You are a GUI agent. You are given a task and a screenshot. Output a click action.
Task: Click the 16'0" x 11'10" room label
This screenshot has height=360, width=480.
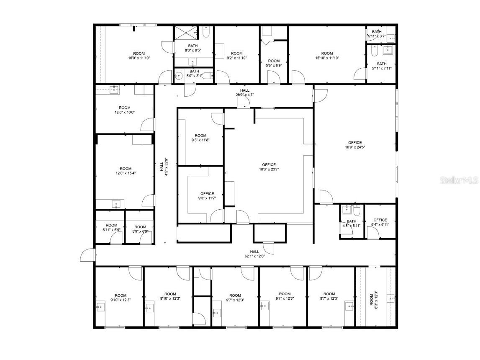(x=139, y=56)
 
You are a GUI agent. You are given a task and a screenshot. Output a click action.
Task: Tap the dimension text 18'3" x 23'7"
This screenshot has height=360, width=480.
(x=269, y=170)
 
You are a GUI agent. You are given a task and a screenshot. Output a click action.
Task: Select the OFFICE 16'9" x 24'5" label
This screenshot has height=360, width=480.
(x=353, y=145)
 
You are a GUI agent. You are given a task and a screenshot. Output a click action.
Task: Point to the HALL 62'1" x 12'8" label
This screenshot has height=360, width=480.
(x=254, y=254)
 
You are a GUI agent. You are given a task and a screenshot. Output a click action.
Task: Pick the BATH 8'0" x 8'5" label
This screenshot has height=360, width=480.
(x=193, y=48)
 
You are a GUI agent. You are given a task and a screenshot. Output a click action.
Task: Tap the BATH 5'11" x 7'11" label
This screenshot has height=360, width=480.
(x=381, y=66)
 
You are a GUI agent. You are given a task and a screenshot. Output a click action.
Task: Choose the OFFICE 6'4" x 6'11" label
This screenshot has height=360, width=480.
(x=380, y=222)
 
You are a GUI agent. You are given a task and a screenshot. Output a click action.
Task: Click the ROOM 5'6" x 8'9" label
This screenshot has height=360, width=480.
(x=274, y=63)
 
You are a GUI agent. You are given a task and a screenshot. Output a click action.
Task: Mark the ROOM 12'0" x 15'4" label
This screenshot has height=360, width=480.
(x=126, y=171)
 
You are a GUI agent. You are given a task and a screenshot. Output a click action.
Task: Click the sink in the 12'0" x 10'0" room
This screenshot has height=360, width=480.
(x=113, y=89)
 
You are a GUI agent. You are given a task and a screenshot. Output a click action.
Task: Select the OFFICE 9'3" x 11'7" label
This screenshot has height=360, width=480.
(x=207, y=196)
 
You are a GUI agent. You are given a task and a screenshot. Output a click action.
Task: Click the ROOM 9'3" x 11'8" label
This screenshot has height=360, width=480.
(x=200, y=138)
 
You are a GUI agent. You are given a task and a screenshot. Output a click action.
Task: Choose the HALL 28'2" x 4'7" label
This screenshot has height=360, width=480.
(x=244, y=93)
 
